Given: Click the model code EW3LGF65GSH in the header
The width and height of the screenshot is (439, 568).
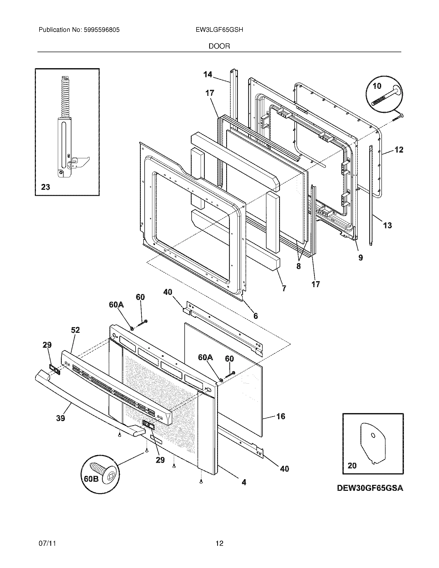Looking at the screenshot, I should point(219,30).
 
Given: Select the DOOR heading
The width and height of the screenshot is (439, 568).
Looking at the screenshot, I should point(219,46).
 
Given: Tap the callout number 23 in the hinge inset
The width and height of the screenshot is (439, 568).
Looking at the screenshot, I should point(45,187).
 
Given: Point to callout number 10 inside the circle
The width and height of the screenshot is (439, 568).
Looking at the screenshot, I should point(377,86).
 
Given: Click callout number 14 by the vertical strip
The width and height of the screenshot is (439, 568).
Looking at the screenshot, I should point(208,75).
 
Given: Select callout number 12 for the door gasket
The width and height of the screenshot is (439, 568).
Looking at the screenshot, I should point(399,149).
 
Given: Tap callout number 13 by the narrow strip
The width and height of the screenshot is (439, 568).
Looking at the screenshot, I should point(388,225).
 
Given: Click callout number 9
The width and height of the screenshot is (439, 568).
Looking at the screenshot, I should point(360,257).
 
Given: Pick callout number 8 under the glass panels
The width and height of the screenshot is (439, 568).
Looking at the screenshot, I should point(298,266).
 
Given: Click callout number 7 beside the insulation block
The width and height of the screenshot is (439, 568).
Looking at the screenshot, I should point(284,288).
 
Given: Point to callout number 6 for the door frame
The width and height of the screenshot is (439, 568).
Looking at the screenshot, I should point(256,316).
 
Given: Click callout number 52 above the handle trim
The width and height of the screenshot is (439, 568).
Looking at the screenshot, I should point(75,330).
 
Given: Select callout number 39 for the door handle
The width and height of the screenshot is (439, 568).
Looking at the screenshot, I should point(60,418).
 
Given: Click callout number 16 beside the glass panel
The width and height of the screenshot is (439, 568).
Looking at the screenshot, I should point(281,416).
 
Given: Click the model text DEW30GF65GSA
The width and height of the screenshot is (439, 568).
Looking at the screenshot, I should point(370,488).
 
